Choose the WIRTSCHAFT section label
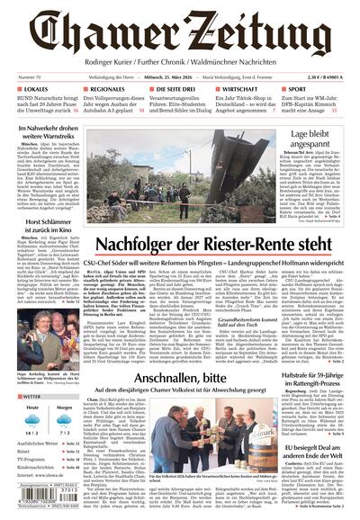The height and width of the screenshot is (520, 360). tap(242, 91)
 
